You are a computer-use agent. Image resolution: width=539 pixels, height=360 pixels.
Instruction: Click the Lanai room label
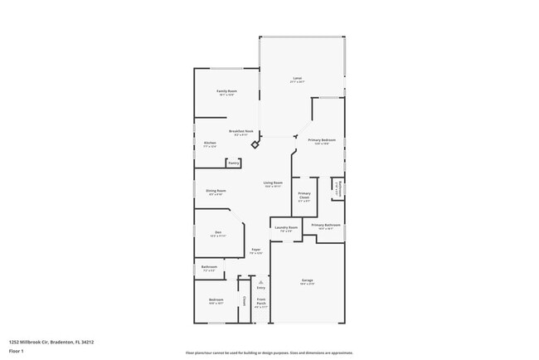(297, 80)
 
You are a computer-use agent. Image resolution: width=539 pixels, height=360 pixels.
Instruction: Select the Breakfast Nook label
(241, 131)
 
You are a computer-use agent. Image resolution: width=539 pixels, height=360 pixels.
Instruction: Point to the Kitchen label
(210, 144)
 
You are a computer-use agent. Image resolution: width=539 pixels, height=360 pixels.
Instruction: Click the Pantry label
(234, 163)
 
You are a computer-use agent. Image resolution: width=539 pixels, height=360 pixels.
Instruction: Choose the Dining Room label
(216, 191)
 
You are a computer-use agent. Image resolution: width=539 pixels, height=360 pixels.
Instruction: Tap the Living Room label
(273, 183)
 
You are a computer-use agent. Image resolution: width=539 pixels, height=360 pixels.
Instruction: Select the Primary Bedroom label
(322, 140)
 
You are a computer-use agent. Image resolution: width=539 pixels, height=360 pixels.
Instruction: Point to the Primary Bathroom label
(326, 225)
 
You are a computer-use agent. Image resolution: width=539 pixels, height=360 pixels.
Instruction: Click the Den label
(218, 232)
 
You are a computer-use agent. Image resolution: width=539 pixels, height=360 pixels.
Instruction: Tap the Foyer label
(257, 250)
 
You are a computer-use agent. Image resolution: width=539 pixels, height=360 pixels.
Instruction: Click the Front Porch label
(261, 302)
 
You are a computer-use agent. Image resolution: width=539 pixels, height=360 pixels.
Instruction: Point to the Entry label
(261, 287)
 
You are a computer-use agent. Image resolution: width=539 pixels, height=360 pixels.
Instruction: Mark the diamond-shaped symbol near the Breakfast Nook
(255, 144)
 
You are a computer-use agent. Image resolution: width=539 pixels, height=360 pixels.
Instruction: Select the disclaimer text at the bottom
(269, 352)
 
